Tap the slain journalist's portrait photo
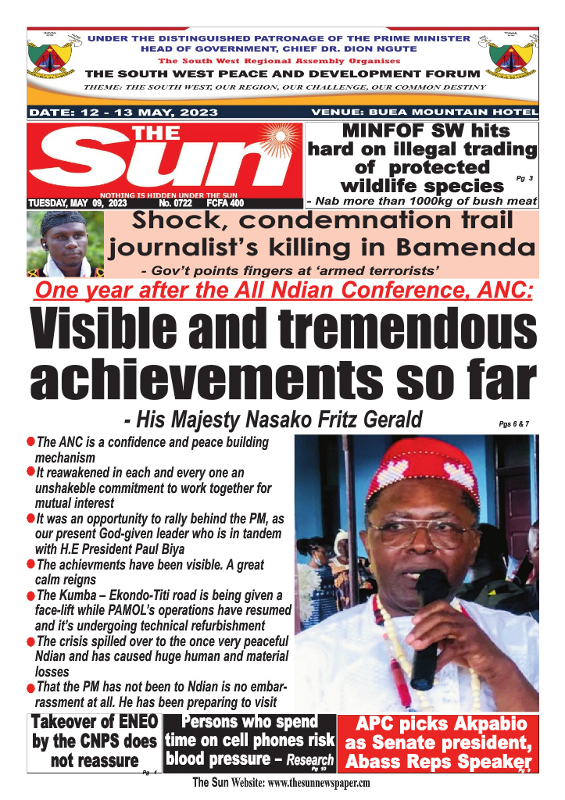pos(65,244)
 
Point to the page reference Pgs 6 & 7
pos(519,424)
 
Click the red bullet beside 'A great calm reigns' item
pos(30,563)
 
